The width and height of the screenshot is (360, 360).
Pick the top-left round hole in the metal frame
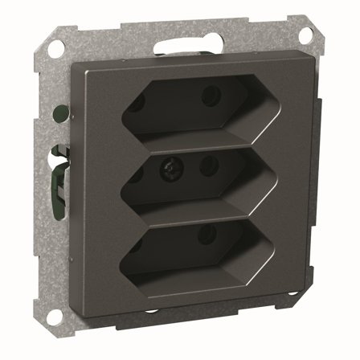[55, 45]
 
